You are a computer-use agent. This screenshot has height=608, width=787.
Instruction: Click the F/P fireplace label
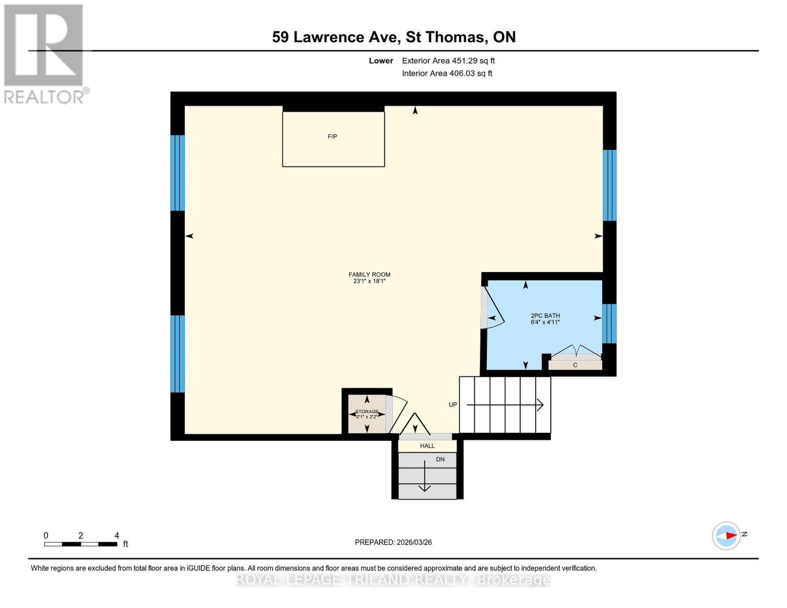(x=332, y=137)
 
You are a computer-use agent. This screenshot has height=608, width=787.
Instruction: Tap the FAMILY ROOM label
(x=369, y=275)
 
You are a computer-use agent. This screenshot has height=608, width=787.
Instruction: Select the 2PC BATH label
(x=545, y=316)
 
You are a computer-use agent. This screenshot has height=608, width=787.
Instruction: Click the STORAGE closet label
(x=366, y=411)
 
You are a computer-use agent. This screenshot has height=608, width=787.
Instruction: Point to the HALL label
(x=427, y=446)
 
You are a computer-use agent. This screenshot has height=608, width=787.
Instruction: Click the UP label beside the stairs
(x=453, y=404)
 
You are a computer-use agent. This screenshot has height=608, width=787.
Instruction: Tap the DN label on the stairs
(x=440, y=460)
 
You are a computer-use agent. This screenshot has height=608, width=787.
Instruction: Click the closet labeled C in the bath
(x=575, y=365)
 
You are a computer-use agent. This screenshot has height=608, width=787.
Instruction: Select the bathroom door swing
(x=493, y=309)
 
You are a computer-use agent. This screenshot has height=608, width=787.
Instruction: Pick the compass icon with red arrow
(x=727, y=536)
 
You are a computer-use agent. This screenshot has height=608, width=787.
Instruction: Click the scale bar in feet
(x=81, y=544)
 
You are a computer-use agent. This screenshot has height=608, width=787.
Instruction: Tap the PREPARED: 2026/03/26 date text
(x=393, y=542)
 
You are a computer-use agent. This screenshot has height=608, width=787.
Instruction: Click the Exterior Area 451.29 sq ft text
(x=448, y=61)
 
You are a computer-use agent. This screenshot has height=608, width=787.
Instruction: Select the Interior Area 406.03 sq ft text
(x=447, y=73)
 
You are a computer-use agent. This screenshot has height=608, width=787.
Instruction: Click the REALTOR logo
(x=45, y=54)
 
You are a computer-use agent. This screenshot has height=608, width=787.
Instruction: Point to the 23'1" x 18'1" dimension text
(x=369, y=281)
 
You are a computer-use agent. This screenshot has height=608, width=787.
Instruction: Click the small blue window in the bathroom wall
(x=609, y=323)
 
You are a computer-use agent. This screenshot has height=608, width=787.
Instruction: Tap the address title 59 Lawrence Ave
(x=394, y=37)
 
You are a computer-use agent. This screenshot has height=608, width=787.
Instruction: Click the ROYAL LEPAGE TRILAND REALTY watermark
(x=393, y=580)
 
